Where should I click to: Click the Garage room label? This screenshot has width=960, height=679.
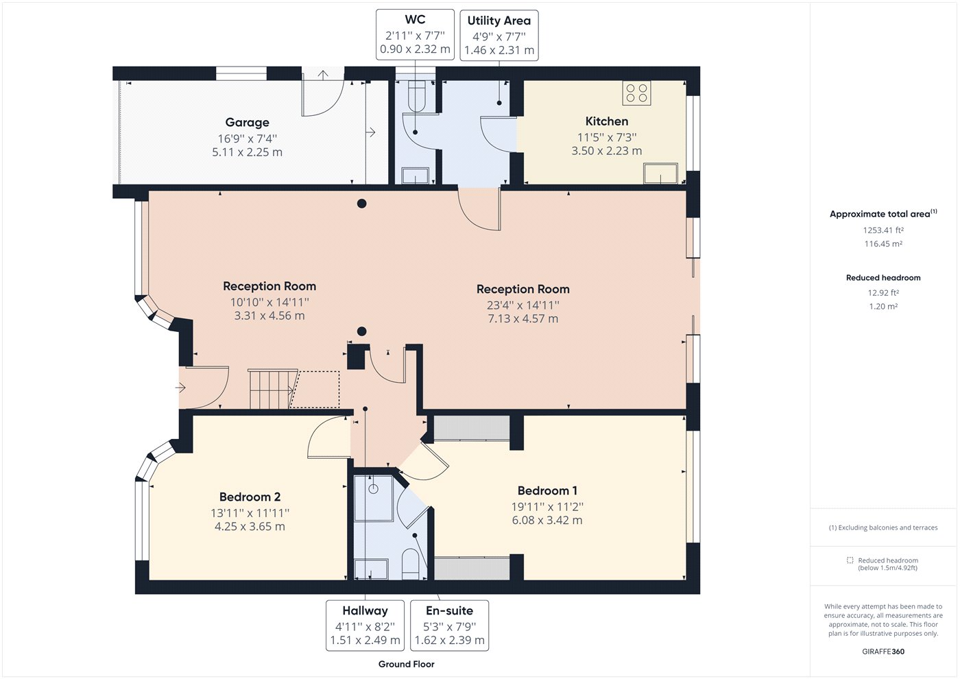click(248, 123)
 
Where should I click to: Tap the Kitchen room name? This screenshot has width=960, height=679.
click(607, 121)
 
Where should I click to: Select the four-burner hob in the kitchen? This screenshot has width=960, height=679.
click(636, 93)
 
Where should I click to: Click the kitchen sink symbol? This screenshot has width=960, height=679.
click(660, 173)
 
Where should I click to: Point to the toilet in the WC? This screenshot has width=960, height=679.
click(416, 97)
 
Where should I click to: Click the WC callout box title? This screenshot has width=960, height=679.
click(415, 20)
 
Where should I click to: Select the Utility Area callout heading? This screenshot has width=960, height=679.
click(499, 21)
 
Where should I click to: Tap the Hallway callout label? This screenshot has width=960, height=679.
click(365, 610)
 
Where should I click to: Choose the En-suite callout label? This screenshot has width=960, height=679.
click(449, 610)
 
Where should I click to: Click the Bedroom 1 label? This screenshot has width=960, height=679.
click(547, 490)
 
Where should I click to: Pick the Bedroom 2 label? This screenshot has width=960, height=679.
click(250, 497)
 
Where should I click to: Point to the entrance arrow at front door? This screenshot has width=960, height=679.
click(180, 388)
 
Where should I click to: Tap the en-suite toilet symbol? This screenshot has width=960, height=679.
click(411, 564)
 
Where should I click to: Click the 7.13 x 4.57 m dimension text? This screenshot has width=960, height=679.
click(523, 318)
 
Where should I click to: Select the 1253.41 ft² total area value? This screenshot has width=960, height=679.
click(883, 230)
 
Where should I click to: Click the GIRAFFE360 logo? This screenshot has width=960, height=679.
click(883, 652)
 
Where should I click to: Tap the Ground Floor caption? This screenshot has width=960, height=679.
click(406, 664)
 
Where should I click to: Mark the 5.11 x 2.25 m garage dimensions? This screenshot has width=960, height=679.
click(248, 152)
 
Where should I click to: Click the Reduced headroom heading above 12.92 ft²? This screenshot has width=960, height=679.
click(883, 278)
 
